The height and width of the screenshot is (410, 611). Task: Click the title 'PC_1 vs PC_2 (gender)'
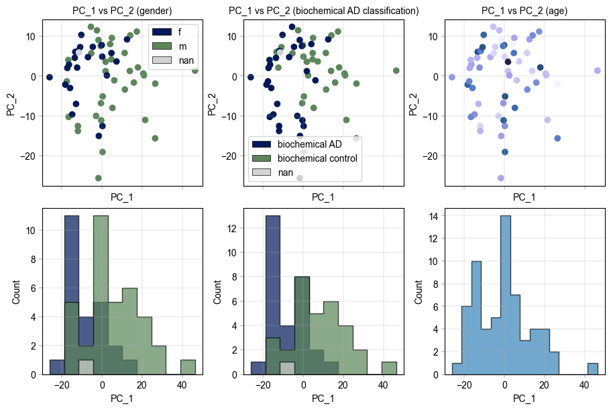tap(122, 11)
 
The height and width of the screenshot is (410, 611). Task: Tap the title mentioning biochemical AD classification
tap(323, 11)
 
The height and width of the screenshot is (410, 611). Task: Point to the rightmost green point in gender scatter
tap(195, 70)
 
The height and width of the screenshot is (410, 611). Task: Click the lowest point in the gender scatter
tap(99, 178)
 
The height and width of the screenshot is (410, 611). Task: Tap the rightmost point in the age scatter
tap(597, 70)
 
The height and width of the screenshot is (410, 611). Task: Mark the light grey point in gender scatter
tap(78, 52)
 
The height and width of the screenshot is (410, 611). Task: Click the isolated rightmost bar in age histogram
tap(592, 368)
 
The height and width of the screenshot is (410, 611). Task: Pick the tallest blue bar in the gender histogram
tap(72, 295)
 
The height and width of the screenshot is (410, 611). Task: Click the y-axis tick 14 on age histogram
tap(433, 216)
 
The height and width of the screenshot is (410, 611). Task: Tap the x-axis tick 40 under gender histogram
tap(182, 387)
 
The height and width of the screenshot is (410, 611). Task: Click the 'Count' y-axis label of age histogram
tap(420, 291)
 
